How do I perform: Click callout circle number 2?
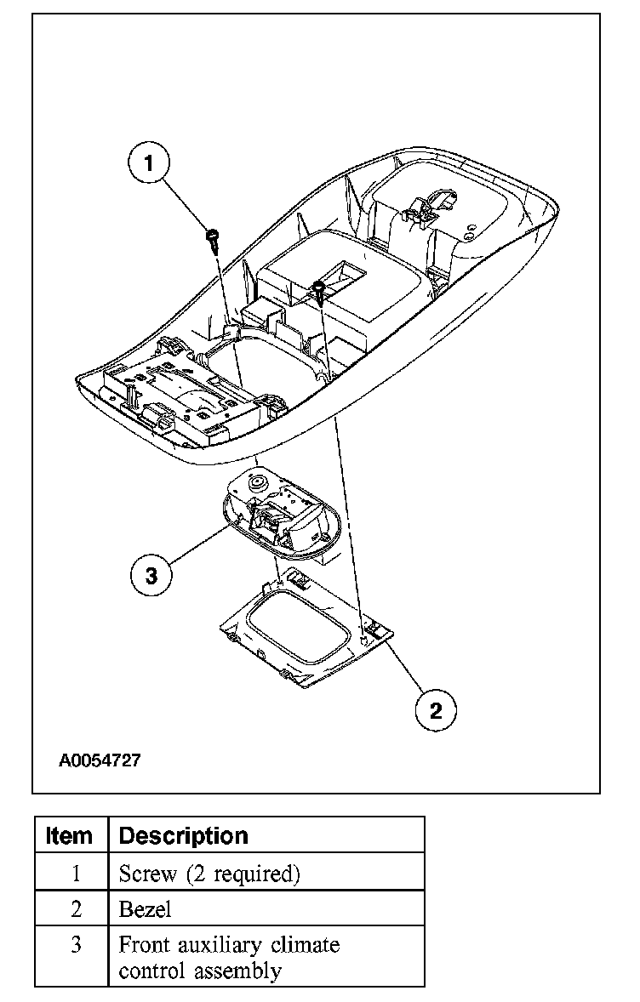click(x=436, y=709)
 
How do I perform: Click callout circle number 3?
click(x=151, y=576)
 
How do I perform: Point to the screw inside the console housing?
click(x=318, y=288)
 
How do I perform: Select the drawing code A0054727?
click(x=100, y=760)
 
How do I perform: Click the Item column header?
click(x=71, y=835)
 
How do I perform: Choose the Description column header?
click(x=184, y=835)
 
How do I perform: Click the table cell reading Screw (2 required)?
click(x=209, y=874)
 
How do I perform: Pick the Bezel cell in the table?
click(x=146, y=909)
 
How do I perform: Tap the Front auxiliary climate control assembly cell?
click(x=229, y=957)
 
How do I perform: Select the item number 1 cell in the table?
click(x=76, y=874)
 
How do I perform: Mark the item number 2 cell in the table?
click(x=76, y=909)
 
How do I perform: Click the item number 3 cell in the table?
click(x=76, y=945)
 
